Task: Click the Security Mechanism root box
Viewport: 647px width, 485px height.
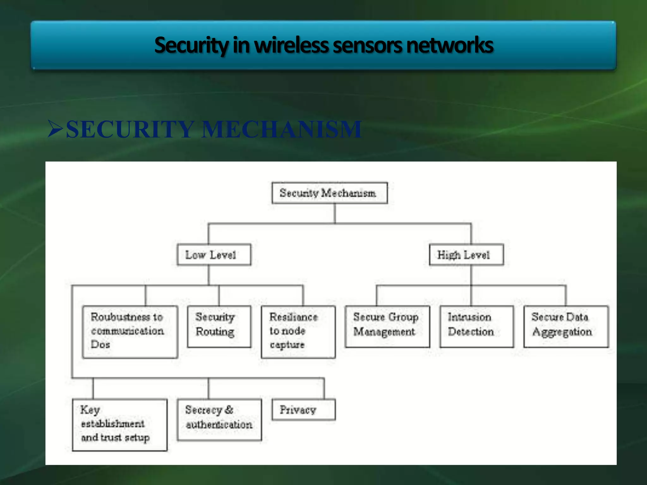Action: [x=329, y=193]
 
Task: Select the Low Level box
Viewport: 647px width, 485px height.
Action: [x=214, y=254]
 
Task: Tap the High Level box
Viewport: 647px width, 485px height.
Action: [x=466, y=254]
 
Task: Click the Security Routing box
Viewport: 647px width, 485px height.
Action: [x=219, y=326]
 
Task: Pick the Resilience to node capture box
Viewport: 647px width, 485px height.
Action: [x=298, y=332]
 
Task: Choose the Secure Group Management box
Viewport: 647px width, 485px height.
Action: [x=387, y=326]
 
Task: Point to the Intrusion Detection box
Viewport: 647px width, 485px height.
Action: [x=476, y=326]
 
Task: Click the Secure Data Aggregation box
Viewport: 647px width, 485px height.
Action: [x=566, y=326]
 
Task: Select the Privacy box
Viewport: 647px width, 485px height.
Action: [x=303, y=410]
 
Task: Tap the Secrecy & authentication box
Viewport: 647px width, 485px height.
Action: [x=219, y=420]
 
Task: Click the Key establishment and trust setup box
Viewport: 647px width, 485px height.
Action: [x=119, y=425]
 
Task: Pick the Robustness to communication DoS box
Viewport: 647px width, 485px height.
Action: [x=130, y=332]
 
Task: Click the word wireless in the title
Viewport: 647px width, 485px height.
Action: [x=291, y=45]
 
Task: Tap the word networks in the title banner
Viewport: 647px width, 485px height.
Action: [x=450, y=45]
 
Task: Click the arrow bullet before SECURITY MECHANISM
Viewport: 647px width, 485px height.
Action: [x=55, y=129]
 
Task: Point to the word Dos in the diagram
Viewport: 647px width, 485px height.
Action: [x=100, y=344]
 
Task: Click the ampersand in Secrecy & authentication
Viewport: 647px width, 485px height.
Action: [x=229, y=410]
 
